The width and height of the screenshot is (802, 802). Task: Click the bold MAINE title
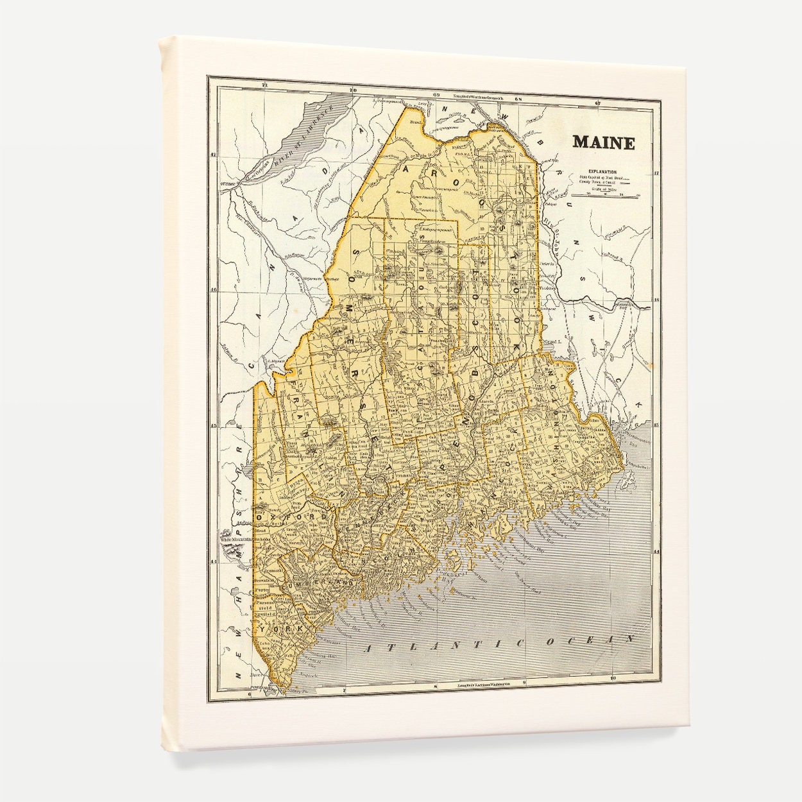coord(603,142)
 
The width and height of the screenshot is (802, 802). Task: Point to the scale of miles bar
coord(601,195)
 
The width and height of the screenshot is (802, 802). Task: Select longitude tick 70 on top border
coord(353,90)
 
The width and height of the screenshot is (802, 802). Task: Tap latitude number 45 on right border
coord(656,426)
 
